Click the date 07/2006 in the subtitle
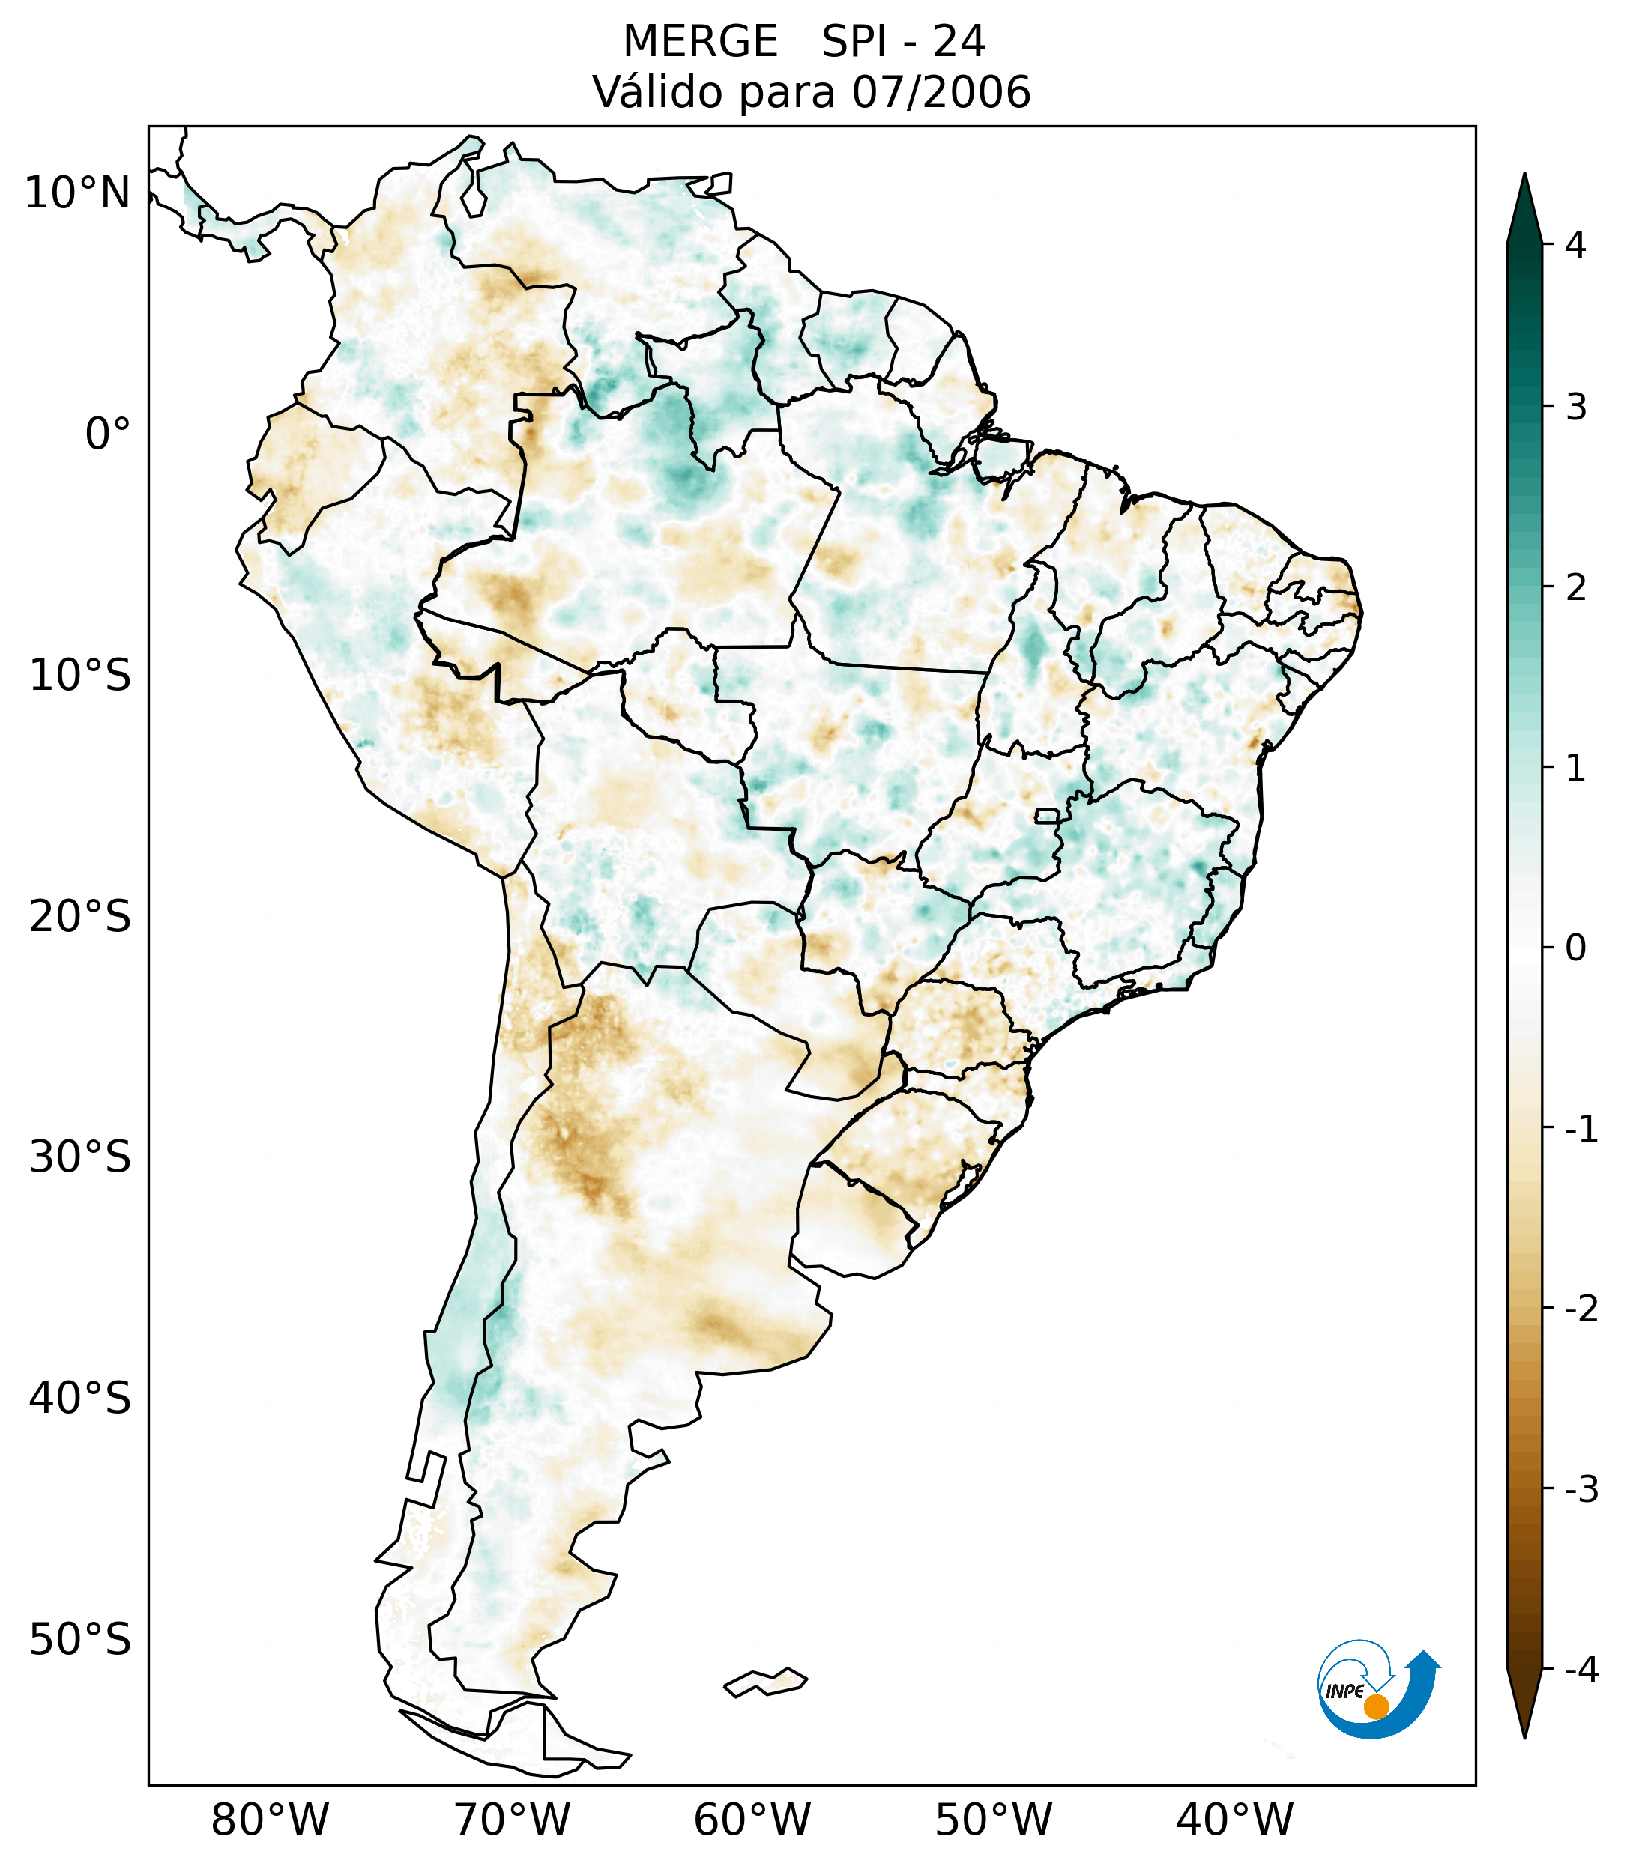coord(941,92)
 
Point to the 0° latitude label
coord(108,434)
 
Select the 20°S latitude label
coord(80,917)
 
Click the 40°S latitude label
coord(80,1399)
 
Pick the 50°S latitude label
coord(80,1640)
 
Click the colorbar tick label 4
coord(1575,245)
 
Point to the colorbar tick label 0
coord(1575,948)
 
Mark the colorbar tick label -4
coord(1581,1670)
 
